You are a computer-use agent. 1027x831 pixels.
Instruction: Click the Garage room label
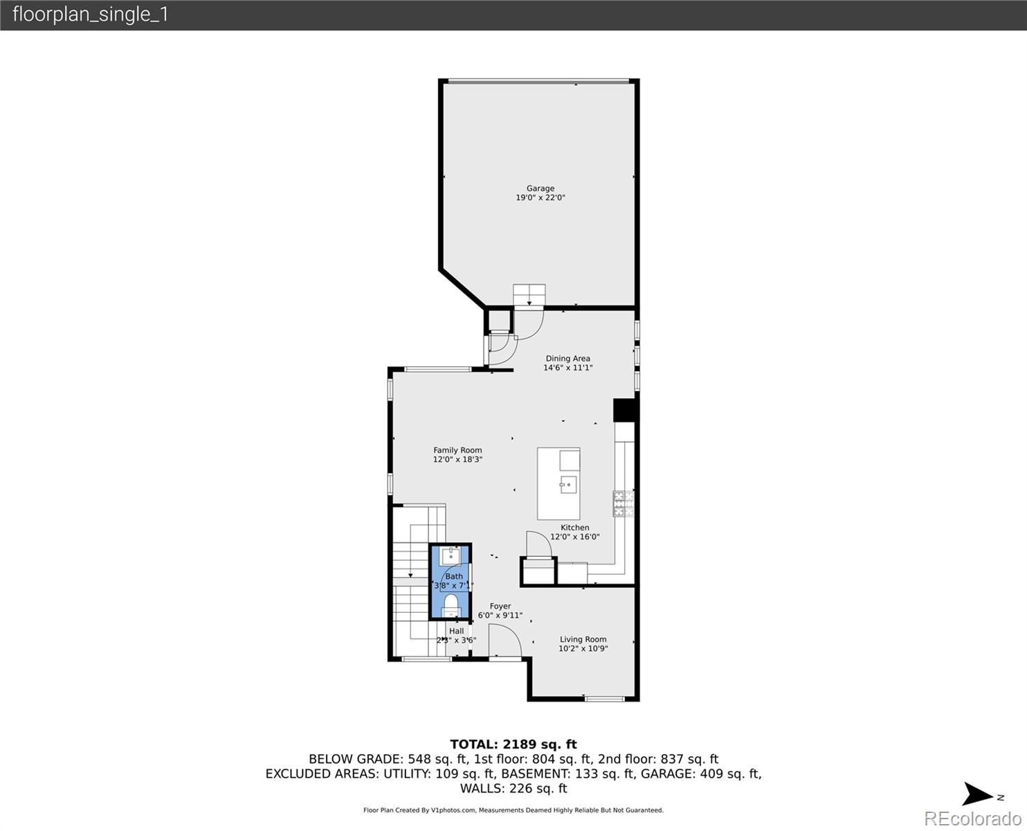pyautogui.click(x=540, y=188)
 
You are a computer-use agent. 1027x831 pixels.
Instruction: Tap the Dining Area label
pyautogui.click(x=567, y=359)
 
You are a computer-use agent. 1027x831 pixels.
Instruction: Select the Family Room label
pyautogui.click(x=457, y=450)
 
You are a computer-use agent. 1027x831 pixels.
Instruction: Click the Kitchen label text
pyautogui.click(x=574, y=528)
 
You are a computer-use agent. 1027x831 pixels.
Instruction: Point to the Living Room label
pyautogui.click(x=583, y=640)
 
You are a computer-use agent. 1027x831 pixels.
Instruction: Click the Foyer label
pyautogui.click(x=500, y=606)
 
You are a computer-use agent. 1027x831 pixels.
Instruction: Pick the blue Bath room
pyautogui.click(x=451, y=580)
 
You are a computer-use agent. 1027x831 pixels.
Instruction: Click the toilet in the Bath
pyautogui.click(x=451, y=605)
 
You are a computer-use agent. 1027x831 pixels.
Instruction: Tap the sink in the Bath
pyautogui.click(x=451, y=555)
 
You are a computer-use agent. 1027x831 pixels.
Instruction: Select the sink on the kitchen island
pyautogui.click(x=568, y=484)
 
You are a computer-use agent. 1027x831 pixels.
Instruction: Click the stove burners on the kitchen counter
pyautogui.click(x=622, y=503)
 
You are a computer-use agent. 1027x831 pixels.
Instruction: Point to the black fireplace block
pyautogui.click(x=625, y=411)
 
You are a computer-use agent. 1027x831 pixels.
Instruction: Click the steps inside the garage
pyautogui.click(x=529, y=294)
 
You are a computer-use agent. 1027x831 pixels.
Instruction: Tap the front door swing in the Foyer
pyautogui.click(x=505, y=640)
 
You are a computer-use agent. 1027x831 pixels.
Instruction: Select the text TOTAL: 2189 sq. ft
pyautogui.click(x=513, y=744)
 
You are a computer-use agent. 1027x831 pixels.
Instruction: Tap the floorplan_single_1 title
pyautogui.click(x=91, y=15)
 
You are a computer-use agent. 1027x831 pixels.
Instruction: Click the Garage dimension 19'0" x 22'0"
pyautogui.click(x=540, y=198)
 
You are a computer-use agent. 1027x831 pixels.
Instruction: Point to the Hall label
pyautogui.click(x=456, y=631)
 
